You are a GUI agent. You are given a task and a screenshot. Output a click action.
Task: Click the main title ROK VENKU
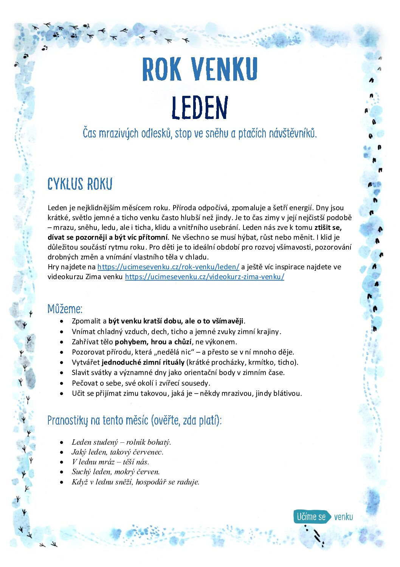click(200, 69)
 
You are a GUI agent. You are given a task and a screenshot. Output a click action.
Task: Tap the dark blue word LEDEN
click(200, 108)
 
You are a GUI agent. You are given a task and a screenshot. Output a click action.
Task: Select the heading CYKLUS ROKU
click(80, 184)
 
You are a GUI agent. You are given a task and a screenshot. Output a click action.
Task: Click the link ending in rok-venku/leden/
click(168, 267)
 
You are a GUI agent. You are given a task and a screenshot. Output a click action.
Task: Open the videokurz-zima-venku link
click(205, 276)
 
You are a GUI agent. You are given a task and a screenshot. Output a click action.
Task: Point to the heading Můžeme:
click(65, 309)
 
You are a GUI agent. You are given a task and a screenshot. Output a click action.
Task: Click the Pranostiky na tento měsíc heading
click(134, 420)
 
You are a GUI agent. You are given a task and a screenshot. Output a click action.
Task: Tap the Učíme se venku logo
click(323, 517)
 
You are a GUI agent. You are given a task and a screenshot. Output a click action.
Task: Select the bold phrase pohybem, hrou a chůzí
click(153, 342)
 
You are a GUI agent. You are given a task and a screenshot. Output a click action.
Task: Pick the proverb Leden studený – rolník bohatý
click(121, 442)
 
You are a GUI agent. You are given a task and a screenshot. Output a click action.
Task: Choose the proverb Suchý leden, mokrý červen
click(116, 472)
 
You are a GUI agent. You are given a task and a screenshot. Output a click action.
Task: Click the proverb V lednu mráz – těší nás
click(110, 462)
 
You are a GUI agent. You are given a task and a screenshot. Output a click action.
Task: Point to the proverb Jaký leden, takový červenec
click(117, 452)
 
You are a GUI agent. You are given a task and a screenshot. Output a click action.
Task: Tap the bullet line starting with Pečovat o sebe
click(141, 383)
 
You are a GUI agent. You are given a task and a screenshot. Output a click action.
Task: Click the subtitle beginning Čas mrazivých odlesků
click(200, 133)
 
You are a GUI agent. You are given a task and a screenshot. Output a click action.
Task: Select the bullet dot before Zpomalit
click(62, 321)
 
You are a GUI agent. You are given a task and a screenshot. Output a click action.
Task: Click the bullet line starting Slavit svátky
click(178, 372)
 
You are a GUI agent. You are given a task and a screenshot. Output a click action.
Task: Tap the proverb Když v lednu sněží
click(135, 482)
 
